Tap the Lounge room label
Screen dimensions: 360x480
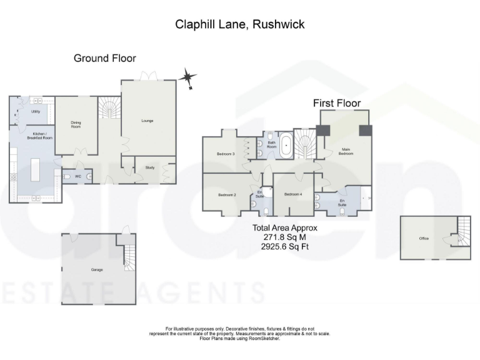pyautogui.click(x=147, y=121)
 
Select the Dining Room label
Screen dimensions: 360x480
pyautogui.click(x=76, y=125)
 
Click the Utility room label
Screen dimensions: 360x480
pyautogui.click(x=36, y=111)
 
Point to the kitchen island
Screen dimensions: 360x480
pyautogui.click(x=36, y=168)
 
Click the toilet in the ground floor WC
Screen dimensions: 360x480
pyautogui.click(x=67, y=177)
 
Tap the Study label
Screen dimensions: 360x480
pyautogui.click(x=149, y=167)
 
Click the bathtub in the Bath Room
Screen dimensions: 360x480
pyautogui.click(x=286, y=146)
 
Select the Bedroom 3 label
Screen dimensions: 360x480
pyautogui.click(x=226, y=153)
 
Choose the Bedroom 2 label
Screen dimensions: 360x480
pyautogui.click(x=226, y=194)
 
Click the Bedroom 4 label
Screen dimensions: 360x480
pyautogui.click(x=293, y=194)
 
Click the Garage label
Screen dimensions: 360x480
pyautogui.click(x=97, y=269)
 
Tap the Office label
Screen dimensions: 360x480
pyautogui.click(x=424, y=239)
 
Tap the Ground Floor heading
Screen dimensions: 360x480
pyautogui.click(x=104, y=58)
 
